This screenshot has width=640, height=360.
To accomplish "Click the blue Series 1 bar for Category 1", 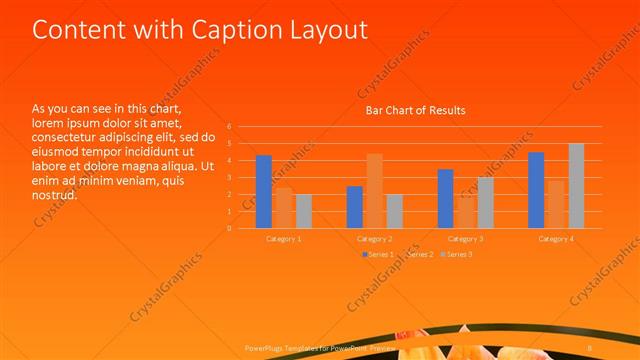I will point(264,192).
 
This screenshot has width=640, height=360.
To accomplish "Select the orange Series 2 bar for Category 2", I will point(375,191).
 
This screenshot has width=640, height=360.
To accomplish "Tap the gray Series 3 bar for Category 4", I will point(576,186).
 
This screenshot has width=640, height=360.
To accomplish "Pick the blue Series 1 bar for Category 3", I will point(445,199).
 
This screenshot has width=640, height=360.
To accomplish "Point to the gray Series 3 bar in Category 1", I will point(303,211).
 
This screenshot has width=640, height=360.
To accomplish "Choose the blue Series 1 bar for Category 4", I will point(536,190).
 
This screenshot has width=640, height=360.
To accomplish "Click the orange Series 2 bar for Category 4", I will point(556,204).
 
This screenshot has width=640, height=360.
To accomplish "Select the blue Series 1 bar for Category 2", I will point(355,207).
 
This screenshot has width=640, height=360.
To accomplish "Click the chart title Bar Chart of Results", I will point(414,110).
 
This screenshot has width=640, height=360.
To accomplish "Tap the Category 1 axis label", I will point(284,239).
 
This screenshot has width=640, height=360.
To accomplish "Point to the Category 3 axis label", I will point(465,239).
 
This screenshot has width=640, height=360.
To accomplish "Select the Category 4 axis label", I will point(556,239).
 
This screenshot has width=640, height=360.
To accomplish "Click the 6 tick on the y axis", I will point(229,127).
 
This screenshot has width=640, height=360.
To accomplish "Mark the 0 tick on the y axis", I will point(229,228).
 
